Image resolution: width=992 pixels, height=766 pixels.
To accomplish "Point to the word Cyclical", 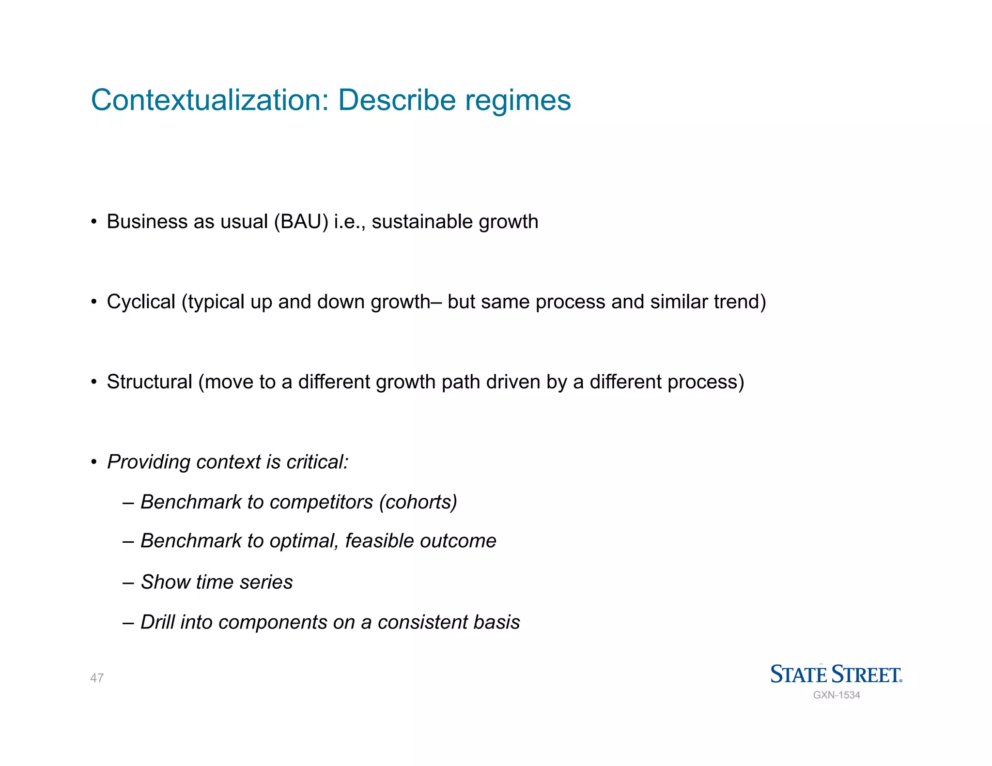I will click(x=141, y=302).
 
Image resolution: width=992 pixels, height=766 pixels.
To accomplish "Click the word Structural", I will click(x=149, y=382).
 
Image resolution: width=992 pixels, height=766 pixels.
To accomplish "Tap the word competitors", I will click(x=321, y=502).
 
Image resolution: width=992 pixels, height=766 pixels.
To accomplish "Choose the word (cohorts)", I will click(x=418, y=502).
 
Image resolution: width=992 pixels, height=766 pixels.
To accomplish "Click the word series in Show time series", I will click(x=266, y=582).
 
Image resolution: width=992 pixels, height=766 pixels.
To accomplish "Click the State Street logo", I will click(x=836, y=674).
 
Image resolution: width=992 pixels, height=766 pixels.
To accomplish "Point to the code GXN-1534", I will click(x=837, y=695).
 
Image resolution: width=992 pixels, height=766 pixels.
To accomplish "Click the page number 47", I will click(x=97, y=678).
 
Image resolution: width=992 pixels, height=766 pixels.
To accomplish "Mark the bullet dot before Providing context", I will click(x=94, y=462).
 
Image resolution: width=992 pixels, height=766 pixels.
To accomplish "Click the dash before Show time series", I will click(x=128, y=582).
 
